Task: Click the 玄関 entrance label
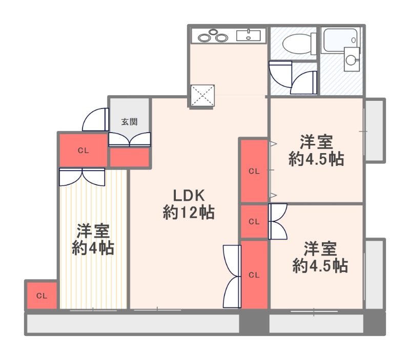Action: coord(129,122)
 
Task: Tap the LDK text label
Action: coord(189,196)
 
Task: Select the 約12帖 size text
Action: coord(189,213)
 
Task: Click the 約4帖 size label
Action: coord(93,248)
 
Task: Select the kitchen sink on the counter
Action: coord(249,36)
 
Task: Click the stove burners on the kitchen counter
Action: coord(213,36)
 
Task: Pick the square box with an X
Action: coord(202,96)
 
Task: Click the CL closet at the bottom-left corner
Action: coord(42,295)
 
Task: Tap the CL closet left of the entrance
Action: coord(84,150)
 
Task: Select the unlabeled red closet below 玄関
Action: coord(130,157)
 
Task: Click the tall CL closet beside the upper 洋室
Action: coord(254,171)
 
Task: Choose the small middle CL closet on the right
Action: coord(254,222)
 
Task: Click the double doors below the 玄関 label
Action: coord(130,139)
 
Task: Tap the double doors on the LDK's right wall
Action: coord(232,276)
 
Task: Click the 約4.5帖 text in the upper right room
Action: coord(316,159)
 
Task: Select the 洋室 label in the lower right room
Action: coord(320,249)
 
